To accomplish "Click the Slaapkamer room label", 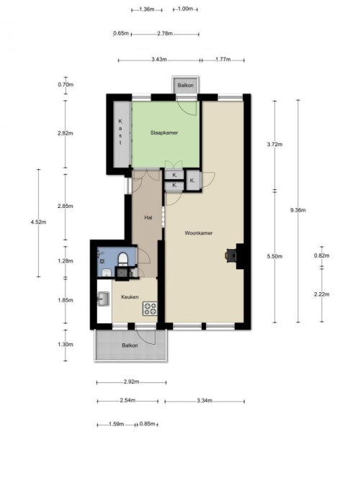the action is point(164,133).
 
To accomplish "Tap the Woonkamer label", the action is point(199,233).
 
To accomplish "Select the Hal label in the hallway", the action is point(148,217).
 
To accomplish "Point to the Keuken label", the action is point(130,297).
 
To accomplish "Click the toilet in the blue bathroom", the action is point(123,258).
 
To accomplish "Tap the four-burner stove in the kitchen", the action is point(150,309).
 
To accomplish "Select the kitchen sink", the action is point(104,299).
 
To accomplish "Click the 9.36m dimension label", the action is point(298,210).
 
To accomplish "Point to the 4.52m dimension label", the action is point(38,222).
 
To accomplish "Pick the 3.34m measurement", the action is point(204,400).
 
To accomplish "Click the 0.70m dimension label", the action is point(66,84).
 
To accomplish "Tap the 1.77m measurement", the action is point(223,60).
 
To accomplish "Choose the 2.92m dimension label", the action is point(132,381).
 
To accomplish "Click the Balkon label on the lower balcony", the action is point(130,345).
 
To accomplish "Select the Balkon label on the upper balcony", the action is point(185,85).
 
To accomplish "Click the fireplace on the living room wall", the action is point(235,256).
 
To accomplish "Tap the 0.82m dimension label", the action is point(321,255).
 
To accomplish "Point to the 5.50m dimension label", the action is point(274,256).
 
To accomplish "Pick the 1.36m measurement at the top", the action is point(147,9).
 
